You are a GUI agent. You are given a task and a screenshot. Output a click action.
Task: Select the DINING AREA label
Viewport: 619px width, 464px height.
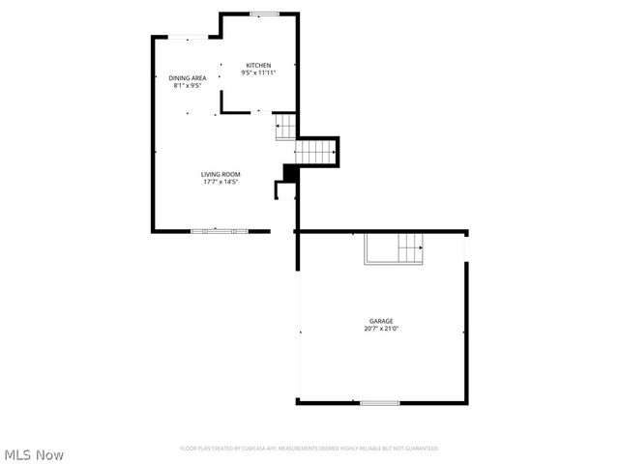pyautogui.click(x=187, y=77)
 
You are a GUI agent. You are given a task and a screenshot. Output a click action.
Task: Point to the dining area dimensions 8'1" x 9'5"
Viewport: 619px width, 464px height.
pyautogui.click(x=187, y=85)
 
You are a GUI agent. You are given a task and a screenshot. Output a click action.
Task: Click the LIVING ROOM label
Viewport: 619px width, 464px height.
pyautogui.click(x=220, y=174)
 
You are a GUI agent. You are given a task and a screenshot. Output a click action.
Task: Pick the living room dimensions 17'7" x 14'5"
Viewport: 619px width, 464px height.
pyautogui.click(x=220, y=182)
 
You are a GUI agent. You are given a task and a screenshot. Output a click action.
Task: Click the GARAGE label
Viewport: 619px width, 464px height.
pyautogui.click(x=380, y=321)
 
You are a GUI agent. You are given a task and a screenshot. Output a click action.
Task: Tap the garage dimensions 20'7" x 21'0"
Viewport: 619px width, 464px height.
pyautogui.click(x=380, y=329)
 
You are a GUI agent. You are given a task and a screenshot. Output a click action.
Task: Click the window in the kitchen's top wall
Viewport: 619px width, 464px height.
pyautogui.click(x=263, y=14)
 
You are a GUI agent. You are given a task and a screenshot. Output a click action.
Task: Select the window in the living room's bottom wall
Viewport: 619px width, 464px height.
pyautogui.click(x=219, y=231)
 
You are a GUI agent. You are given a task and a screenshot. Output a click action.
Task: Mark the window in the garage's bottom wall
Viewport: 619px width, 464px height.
pyautogui.click(x=380, y=402)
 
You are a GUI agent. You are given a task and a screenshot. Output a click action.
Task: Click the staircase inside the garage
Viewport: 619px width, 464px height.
pyautogui.click(x=394, y=248)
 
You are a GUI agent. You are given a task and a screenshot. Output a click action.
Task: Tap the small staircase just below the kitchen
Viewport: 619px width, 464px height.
pyautogui.click(x=285, y=127)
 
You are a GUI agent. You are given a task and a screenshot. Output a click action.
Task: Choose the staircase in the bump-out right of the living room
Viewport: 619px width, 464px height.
pyautogui.click(x=315, y=151)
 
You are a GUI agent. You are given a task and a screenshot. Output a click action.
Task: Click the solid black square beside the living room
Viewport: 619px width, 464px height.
pyautogui.click(x=288, y=172)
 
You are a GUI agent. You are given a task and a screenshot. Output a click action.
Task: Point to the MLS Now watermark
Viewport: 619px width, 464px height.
pyautogui.click(x=35, y=453)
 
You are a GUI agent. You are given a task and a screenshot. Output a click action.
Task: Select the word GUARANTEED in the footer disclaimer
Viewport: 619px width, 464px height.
pyautogui.click(x=421, y=449)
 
